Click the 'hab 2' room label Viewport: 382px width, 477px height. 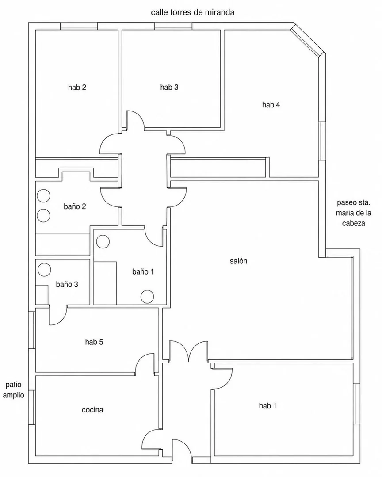click(77, 88)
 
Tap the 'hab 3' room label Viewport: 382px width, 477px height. click(169, 88)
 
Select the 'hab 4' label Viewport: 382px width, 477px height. click(271, 105)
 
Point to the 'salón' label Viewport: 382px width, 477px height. click(238, 261)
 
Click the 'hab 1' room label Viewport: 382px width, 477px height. click(267, 405)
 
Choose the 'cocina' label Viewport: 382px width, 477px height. click(92, 410)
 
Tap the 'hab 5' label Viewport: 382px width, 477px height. click(94, 342)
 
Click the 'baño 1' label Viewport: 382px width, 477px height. click(143, 272)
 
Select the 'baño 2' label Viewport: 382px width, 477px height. click(75, 206)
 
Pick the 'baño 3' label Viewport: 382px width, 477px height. click(67, 284)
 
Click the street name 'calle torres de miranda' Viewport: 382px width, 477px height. click(192, 12)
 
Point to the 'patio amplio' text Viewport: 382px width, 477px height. click(13, 390)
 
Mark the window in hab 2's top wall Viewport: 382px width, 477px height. click(79, 26)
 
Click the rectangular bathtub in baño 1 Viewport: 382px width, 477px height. click(105, 282)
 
